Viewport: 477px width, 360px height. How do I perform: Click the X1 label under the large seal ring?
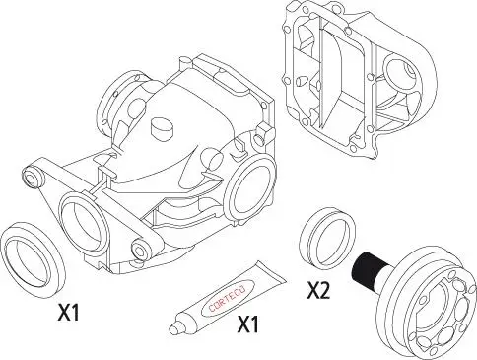point(68,314)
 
